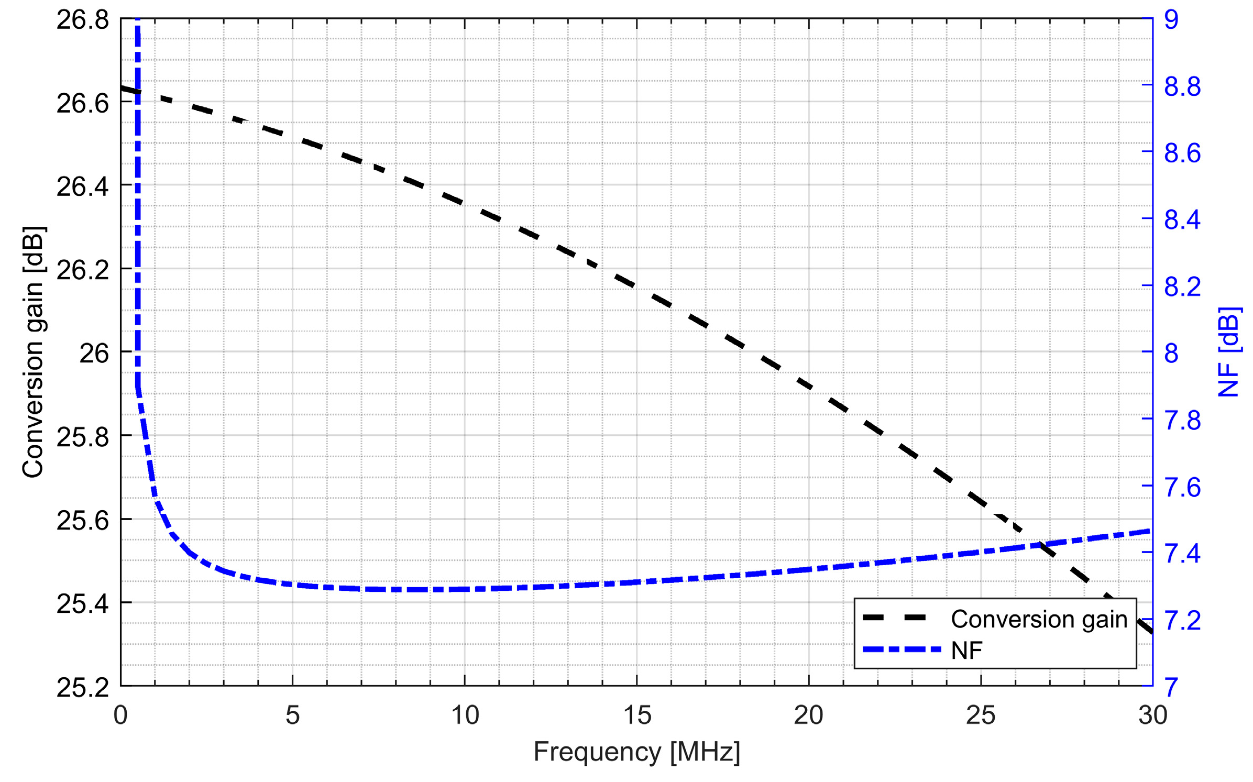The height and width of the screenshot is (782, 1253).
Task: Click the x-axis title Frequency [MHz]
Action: pyautogui.click(x=636, y=752)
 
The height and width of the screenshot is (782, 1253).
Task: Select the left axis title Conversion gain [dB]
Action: pyautogui.click(x=34, y=352)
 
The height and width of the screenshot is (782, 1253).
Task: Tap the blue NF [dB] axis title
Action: pyautogui.click(x=1228, y=352)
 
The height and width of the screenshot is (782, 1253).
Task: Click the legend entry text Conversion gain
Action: pyautogui.click(x=1039, y=619)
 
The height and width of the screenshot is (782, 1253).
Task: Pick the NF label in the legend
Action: pyautogui.click(x=966, y=651)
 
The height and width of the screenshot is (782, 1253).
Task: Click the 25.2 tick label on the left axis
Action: pyautogui.click(x=83, y=687)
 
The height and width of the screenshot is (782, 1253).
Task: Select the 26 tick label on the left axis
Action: pyautogui.click(x=94, y=354)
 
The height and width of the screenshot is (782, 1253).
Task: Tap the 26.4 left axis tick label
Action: pyautogui.click(x=83, y=186)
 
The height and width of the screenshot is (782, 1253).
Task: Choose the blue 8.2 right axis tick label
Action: pyautogui.click(x=1182, y=287)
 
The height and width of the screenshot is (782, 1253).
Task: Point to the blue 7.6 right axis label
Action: pyautogui.click(x=1182, y=487)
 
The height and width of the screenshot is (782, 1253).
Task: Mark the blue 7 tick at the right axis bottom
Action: pyautogui.click(x=1171, y=687)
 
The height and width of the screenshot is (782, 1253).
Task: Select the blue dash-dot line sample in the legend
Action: pyautogui.click(x=901, y=649)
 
